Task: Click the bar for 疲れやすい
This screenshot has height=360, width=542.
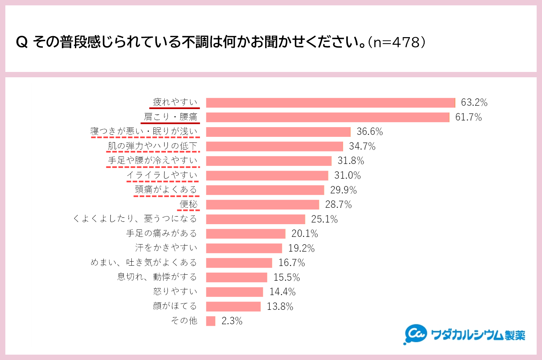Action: [330, 103]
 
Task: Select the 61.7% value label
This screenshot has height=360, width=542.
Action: [468, 117]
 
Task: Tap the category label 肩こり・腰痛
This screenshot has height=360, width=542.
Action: [171, 117]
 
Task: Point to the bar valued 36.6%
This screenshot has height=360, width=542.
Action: [278, 132]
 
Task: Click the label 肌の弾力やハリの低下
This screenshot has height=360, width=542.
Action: [152, 146]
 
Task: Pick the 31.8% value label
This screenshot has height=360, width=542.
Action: [350, 161]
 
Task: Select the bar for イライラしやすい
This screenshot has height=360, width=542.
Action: [267, 176]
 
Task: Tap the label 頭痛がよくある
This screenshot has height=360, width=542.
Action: [166, 190]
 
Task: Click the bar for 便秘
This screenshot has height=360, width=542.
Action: [262, 204]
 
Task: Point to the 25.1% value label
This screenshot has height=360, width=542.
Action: [324, 219]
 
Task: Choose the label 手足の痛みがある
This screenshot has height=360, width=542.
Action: [161, 233]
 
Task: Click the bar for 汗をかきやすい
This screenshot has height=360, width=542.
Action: [244, 248]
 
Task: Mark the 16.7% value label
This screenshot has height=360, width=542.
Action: [292, 263]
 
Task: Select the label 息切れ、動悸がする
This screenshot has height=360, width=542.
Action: [157, 277]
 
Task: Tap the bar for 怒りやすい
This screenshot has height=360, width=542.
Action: [234, 292]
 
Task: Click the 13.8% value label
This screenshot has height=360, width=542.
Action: [280, 306]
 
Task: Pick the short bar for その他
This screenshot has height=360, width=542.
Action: [211, 321]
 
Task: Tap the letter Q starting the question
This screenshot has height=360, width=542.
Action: [22, 42]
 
